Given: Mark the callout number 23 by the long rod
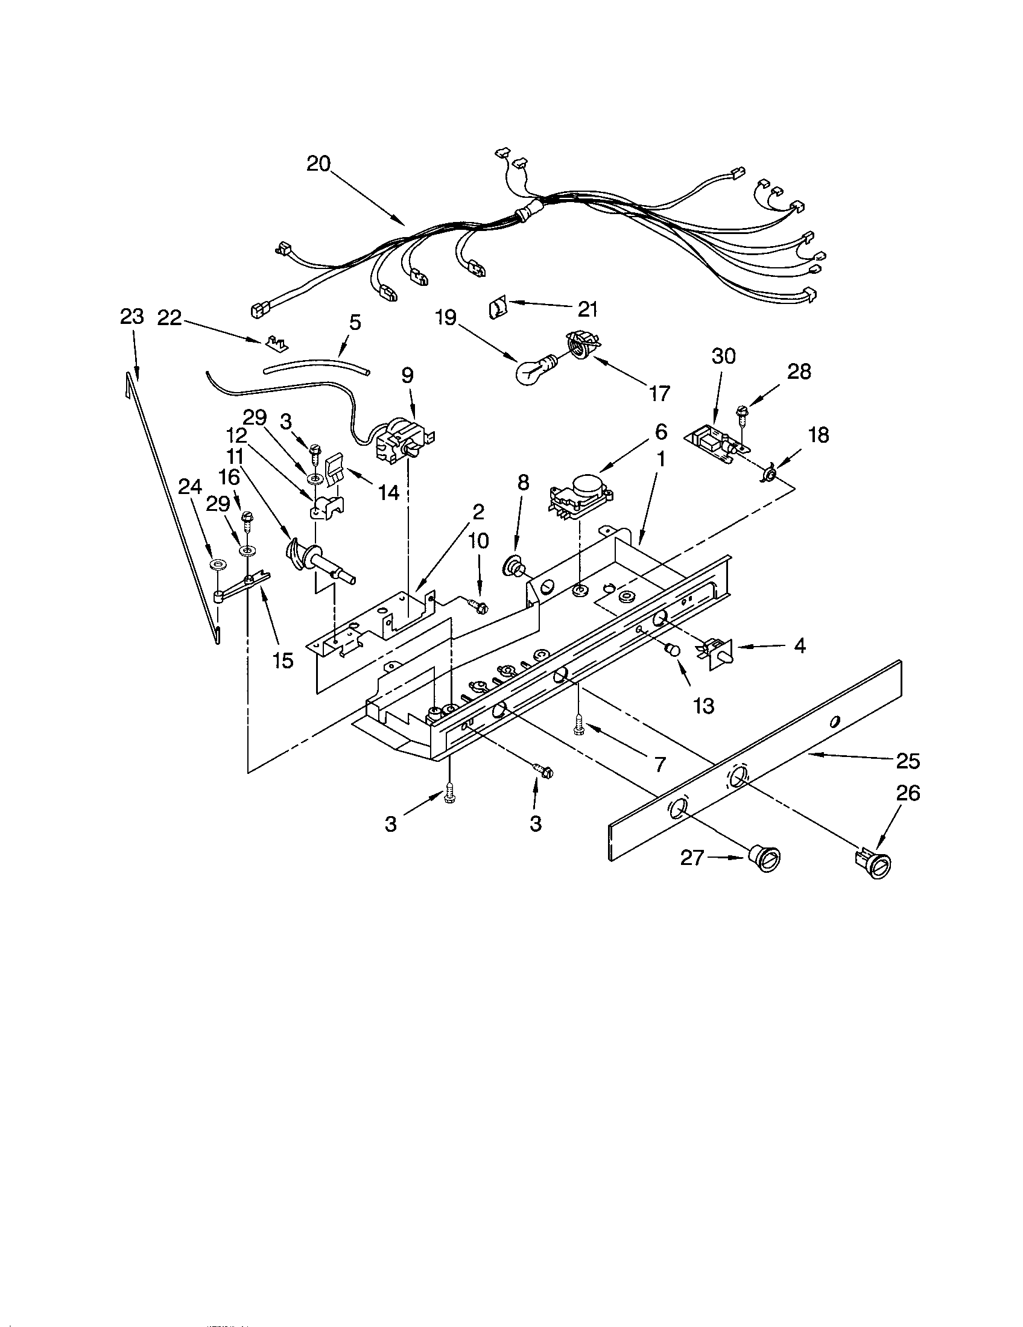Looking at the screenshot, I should (132, 317).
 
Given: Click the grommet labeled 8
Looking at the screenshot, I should (514, 569).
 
